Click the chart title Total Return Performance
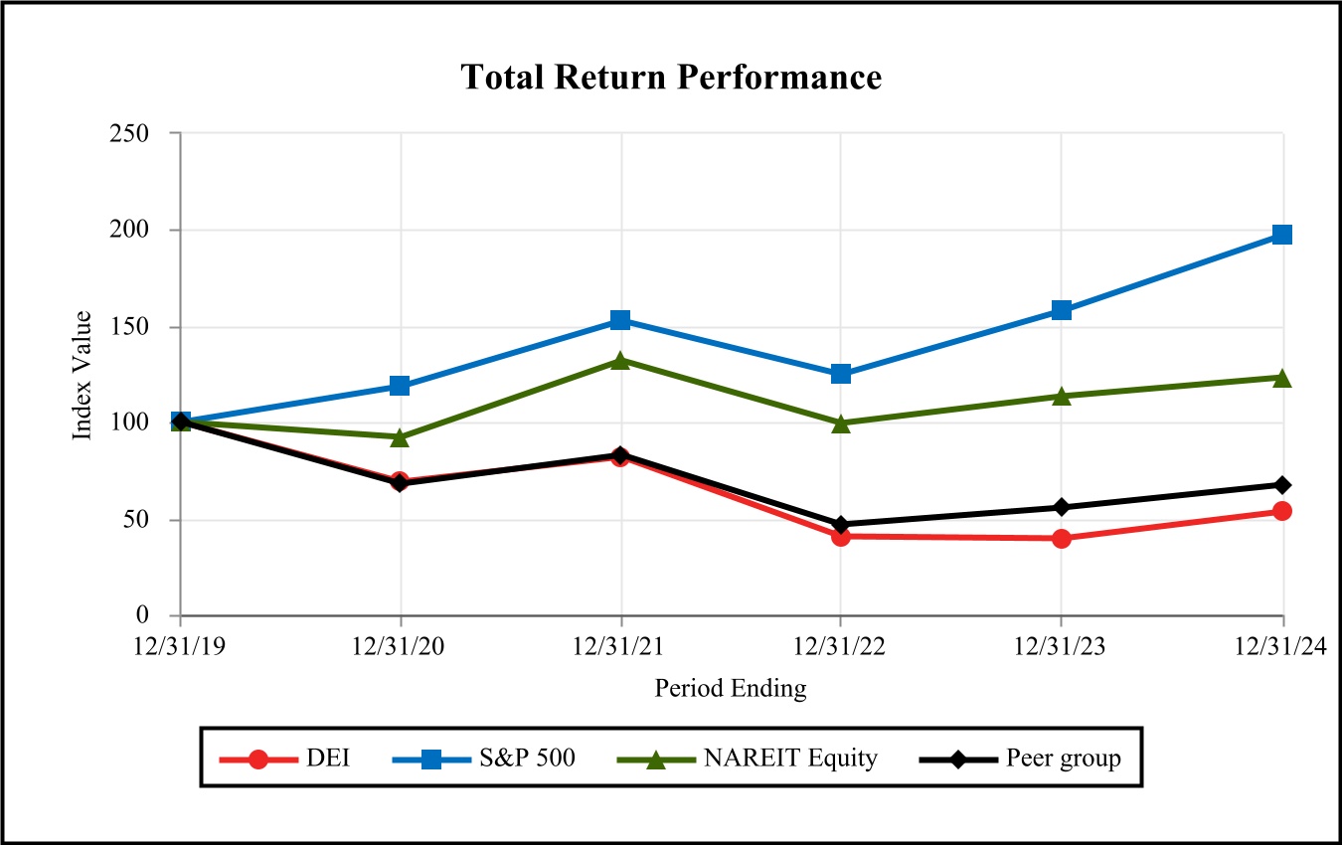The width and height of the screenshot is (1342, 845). [671, 78]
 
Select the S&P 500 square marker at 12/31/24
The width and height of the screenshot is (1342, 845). [1282, 235]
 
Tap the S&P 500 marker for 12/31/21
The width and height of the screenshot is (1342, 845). [620, 319]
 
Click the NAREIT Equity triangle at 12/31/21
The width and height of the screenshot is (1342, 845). [620, 361]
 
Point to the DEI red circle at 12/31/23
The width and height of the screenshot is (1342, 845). [1061, 538]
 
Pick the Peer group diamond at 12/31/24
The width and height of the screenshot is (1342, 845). [1282, 485]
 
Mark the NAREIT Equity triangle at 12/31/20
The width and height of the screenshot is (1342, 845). [400, 438]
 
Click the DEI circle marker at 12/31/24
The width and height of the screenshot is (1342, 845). [1282, 511]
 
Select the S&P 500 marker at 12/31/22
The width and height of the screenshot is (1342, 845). [841, 374]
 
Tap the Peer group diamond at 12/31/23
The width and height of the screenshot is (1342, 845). [1061, 507]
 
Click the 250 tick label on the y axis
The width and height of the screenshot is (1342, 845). [129, 133]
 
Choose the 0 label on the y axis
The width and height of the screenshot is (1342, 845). [142, 614]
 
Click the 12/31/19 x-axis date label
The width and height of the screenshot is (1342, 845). [179, 646]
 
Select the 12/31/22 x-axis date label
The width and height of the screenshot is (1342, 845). [839, 646]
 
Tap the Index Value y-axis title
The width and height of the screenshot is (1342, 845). [82, 375]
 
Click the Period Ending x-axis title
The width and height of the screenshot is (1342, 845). [731, 689]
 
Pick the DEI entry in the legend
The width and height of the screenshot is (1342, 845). [284, 759]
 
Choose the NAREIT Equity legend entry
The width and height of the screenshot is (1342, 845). [748, 759]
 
